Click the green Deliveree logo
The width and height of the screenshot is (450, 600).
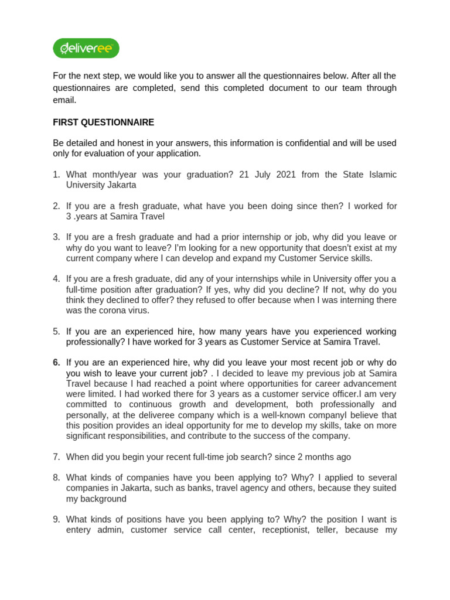click(86, 48)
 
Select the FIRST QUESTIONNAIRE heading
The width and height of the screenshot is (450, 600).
click(104, 122)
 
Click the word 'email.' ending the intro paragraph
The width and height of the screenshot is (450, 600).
click(65, 100)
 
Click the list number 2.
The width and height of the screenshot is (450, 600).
click(56, 206)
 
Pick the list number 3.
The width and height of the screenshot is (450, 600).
click(56, 237)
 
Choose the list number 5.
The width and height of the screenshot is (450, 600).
click(56, 332)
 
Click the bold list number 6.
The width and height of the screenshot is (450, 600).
click(56, 363)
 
